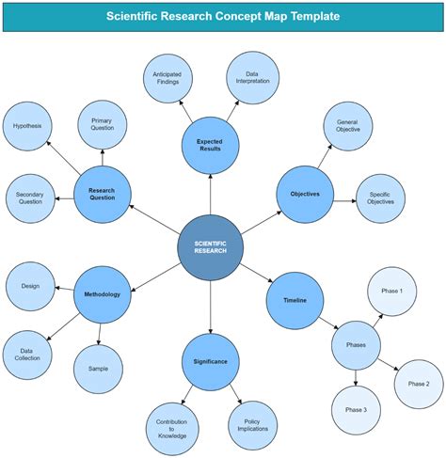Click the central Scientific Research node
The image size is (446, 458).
coord(211,248)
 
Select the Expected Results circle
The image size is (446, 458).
coord(210,147)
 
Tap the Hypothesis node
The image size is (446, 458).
coord(28,125)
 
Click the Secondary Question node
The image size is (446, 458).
coord(31,198)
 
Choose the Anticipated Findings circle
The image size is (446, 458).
coord(167,78)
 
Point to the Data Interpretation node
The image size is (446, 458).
coord(252,78)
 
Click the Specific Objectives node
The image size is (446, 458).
coord(381,197)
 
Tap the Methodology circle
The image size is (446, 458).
coord(102,294)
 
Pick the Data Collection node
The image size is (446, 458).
coord(29,355)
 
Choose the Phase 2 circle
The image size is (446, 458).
coord(418,384)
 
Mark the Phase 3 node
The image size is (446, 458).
coord(356,410)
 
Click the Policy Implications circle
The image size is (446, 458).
coord(253,425)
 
